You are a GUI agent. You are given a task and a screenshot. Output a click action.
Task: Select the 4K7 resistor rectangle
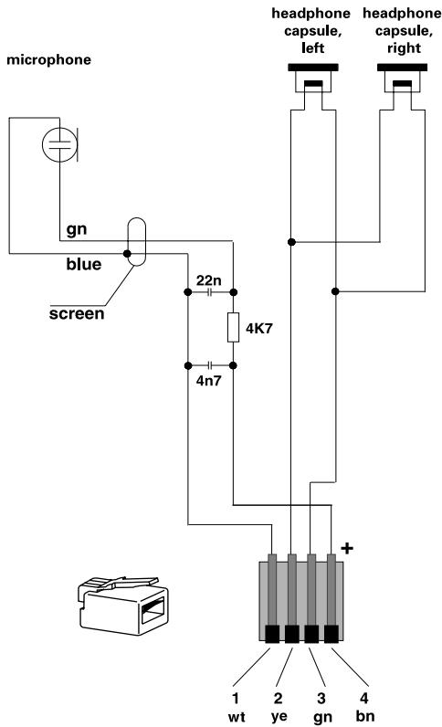(233, 328)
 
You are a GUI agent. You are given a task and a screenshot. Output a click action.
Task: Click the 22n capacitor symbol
(210, 293)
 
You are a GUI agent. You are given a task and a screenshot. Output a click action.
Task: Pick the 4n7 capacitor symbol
(210, 364)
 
